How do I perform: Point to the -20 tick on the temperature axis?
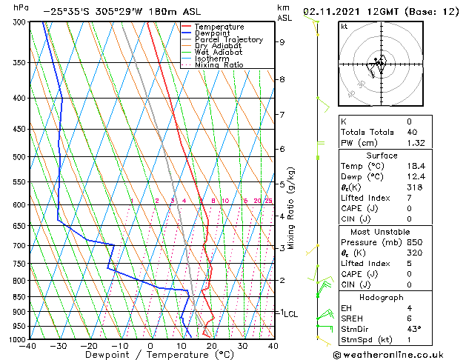(x=89, y=346)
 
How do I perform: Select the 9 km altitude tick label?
(x=282, y=42)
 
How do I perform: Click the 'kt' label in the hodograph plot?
(x=344, y=27)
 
